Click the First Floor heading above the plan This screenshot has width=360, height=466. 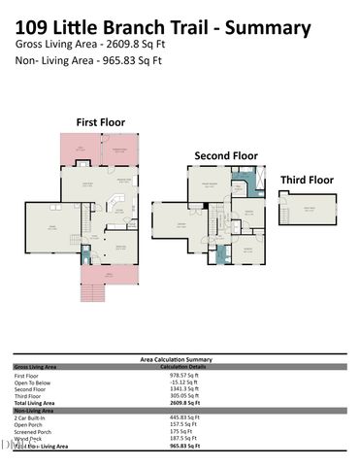point(101,122)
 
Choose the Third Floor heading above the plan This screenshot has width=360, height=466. point(307,180)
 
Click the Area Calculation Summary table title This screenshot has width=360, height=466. point(180,359)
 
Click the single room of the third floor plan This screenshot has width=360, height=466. point(308,209)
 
